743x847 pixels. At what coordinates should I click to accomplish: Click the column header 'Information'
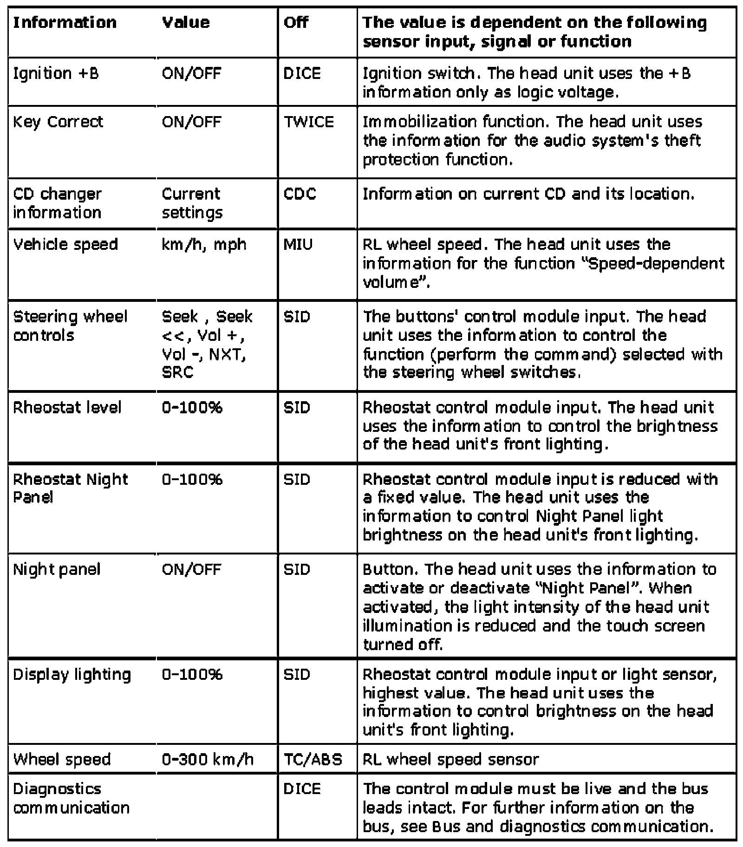65,22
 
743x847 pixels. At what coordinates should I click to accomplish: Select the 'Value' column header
186,22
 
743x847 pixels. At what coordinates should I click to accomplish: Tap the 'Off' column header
296,22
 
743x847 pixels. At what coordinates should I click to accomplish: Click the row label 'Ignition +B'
56,73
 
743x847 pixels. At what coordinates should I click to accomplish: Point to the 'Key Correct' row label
58,122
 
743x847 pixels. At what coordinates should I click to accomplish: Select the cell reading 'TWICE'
308,122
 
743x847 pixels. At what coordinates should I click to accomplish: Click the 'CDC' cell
300,194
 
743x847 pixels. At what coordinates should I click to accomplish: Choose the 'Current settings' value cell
192,203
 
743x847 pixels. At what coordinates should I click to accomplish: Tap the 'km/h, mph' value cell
204,244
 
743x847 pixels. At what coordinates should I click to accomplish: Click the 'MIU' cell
298,244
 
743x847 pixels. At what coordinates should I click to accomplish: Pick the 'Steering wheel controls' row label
70,326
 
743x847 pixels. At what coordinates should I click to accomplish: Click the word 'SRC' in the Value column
177,372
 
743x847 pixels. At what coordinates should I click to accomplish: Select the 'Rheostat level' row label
67,407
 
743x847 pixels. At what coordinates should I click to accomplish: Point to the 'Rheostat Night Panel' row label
70,488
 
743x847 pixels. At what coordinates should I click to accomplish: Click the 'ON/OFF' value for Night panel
191,569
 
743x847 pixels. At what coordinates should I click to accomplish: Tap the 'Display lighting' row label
72,674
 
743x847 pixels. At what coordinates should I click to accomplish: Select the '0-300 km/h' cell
208,759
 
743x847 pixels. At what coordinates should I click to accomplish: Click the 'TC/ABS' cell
313,759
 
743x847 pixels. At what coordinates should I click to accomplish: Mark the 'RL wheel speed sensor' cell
450,759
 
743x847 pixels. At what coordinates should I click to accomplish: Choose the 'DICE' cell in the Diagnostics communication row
302,788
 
